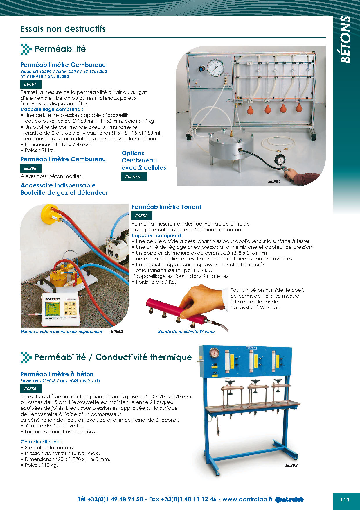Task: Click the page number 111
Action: [345, 499]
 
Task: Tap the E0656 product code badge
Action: [30, 168]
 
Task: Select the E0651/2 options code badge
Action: [134, 177]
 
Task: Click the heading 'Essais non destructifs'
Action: [63, 29]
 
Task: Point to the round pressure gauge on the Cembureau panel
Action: [216, 67]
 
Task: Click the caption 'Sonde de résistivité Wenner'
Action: [186, 332]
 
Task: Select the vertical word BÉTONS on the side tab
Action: [345, 39]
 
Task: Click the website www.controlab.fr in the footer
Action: [247, 499]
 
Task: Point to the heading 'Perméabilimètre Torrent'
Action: [166, 207]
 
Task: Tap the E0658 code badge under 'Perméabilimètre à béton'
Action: [30, 389]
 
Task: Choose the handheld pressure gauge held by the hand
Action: [279, 160]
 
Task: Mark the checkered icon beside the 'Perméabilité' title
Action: [26, 49]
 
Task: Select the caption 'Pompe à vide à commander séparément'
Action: [62, 332]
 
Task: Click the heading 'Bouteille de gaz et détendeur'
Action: [64, 193]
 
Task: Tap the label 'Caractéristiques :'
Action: [41, 442]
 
